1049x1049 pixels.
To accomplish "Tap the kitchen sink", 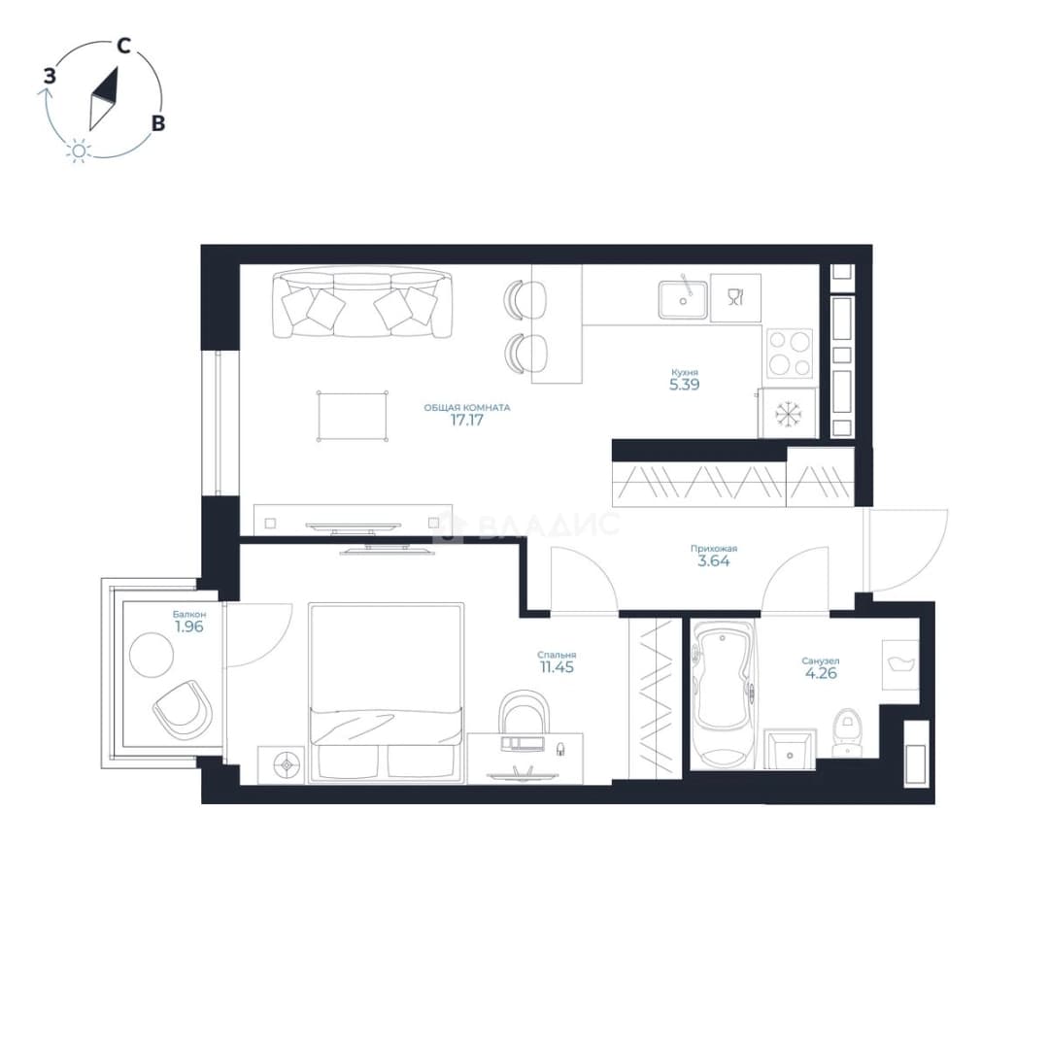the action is [683, 300].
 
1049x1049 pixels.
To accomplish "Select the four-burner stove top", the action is [790, 353].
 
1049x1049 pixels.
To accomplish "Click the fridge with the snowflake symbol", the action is [788, 414].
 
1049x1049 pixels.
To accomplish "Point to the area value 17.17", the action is [467, 421].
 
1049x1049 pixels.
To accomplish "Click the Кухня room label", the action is [685, 372].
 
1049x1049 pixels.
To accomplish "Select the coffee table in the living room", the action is [353, 416].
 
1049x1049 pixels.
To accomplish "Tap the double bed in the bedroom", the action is [386, 693].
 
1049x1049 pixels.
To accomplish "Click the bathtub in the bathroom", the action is [724, 694].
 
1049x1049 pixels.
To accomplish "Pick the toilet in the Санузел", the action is [846, 732].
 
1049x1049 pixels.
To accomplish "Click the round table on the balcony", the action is [152, 655].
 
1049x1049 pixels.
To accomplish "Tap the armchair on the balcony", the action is [183, 709].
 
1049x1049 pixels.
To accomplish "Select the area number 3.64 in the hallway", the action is [714, 561].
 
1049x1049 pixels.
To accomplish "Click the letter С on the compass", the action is [123, 46].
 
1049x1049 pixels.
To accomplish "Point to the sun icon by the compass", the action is [79, 152].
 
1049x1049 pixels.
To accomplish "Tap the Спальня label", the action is [557, 655].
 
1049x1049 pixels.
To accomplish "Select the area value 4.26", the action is [821, 673].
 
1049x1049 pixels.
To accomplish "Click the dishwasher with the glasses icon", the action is [736, 298].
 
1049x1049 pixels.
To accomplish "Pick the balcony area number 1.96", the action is [189, 626].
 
